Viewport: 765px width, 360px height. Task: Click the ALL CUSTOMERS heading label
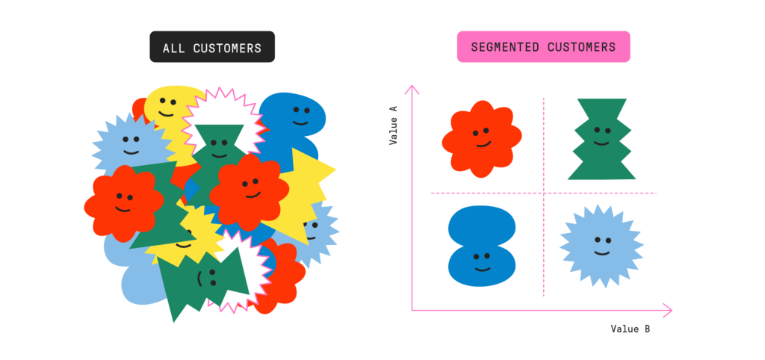(212, 48)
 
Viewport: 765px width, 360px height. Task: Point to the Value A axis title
(393, 125)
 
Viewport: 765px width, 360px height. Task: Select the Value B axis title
(629, 329)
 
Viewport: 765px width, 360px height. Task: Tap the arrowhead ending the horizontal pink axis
(667, 310)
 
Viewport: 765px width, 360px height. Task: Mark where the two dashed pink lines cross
(543, 193)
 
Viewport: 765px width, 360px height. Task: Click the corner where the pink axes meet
(412, 310)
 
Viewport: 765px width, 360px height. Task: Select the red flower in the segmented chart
(481, 138)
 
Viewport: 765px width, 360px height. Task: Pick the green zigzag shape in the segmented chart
(601, 139)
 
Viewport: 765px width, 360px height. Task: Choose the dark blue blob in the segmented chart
(482, 246)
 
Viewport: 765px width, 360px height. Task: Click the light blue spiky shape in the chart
(601, 246)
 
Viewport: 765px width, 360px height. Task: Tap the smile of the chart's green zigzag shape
(601, 142)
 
